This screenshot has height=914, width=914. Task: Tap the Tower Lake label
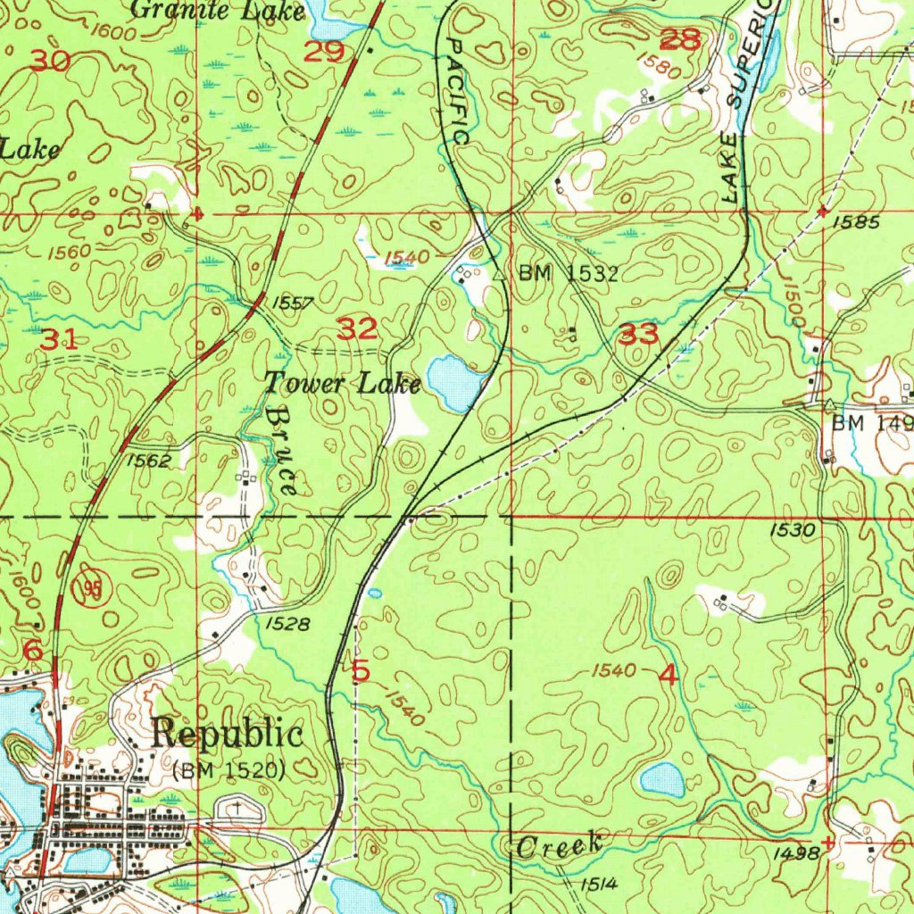342,384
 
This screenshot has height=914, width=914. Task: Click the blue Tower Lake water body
454,382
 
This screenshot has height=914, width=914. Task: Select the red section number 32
357,329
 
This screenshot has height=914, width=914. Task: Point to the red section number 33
639,336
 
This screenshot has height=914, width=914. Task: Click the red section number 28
680,39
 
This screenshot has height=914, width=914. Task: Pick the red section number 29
323,52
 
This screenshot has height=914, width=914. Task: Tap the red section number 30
50,61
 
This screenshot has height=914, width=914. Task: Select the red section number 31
58,339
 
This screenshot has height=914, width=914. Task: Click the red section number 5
361,670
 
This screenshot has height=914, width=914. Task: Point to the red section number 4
668,676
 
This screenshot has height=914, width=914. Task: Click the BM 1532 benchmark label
569,274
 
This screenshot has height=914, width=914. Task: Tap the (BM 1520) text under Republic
229,769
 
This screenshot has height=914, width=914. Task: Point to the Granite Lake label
219,11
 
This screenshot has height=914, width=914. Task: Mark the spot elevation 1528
287,625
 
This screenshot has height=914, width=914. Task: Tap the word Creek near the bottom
560,847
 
